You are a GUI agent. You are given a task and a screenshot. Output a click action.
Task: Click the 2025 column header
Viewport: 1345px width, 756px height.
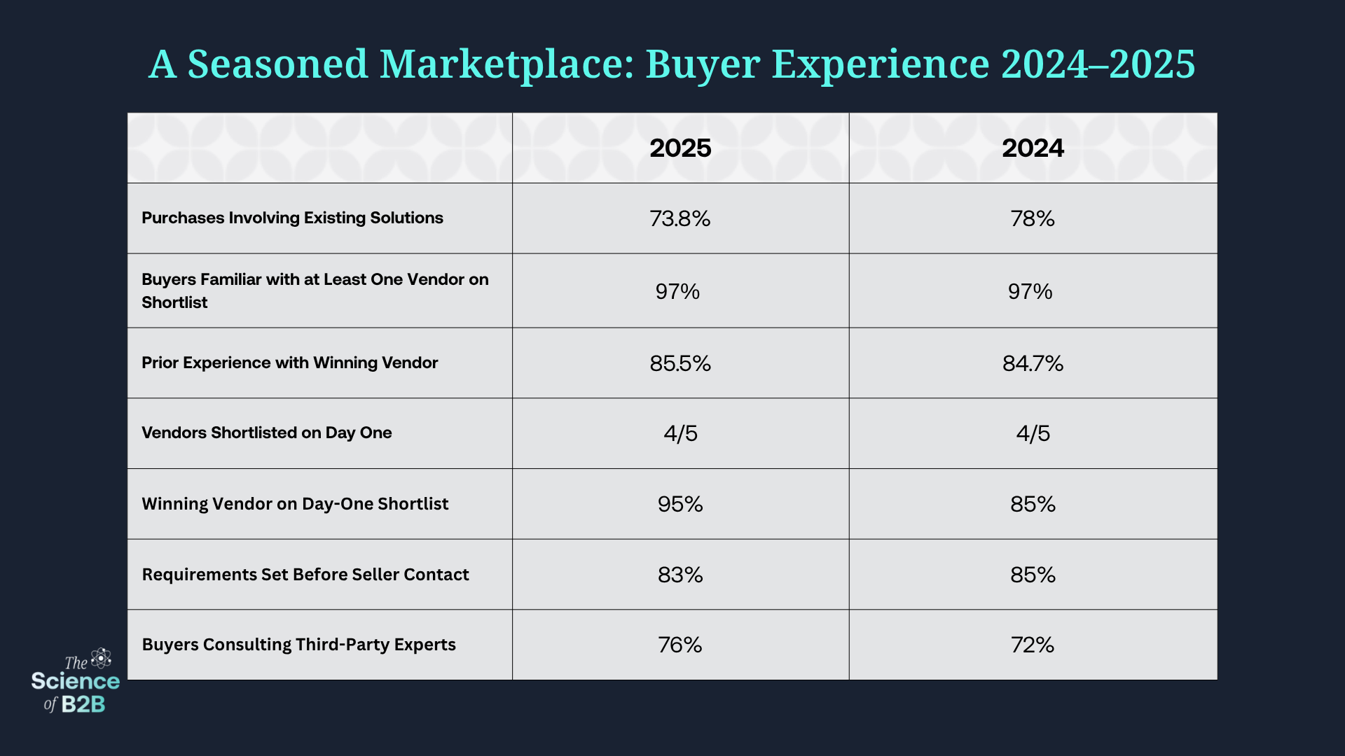pos(680,148)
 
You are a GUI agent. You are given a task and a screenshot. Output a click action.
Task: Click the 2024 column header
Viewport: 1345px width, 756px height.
pos(1033,148)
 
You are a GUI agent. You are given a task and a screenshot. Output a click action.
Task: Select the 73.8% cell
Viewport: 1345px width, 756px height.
pos(680,219)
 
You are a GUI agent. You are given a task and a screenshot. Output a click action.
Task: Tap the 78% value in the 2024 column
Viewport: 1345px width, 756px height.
pos(1033,219)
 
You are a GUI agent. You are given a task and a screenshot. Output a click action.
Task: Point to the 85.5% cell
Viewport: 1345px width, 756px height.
pos(680,363)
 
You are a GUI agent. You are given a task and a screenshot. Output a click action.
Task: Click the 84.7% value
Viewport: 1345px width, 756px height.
pos(1033,363)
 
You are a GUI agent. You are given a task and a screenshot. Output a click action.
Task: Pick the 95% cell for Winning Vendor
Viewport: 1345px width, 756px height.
pos(680,504)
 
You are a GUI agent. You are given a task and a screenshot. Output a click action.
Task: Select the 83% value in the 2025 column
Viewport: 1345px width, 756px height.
pos(680,575)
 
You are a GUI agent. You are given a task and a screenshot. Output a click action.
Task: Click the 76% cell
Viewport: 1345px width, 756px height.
pos(680,645)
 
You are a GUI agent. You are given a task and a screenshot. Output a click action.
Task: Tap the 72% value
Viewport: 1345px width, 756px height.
pos(1033,645)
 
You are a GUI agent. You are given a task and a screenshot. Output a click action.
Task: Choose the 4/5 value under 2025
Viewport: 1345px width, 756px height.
pos(680,433)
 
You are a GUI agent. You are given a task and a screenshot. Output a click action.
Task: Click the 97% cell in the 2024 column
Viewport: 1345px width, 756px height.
pos(1030,291)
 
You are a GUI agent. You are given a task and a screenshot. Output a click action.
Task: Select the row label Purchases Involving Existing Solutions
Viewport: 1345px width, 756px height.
pos(292,218)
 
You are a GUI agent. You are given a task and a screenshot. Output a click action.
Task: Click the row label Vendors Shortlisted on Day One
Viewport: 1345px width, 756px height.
pos(266,433)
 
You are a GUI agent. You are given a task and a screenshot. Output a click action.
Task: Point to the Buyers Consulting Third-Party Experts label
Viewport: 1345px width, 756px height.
pos(298,645)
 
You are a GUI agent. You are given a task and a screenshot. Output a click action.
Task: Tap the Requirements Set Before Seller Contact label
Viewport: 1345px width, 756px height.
pos(305,575)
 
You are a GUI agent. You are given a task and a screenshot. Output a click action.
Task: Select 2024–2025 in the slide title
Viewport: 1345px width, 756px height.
pos(1098,64)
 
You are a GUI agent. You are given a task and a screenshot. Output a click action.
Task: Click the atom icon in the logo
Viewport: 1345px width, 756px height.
pos(102,658)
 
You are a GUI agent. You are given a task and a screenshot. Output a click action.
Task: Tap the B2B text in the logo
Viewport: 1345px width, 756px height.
pos(83,704)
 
